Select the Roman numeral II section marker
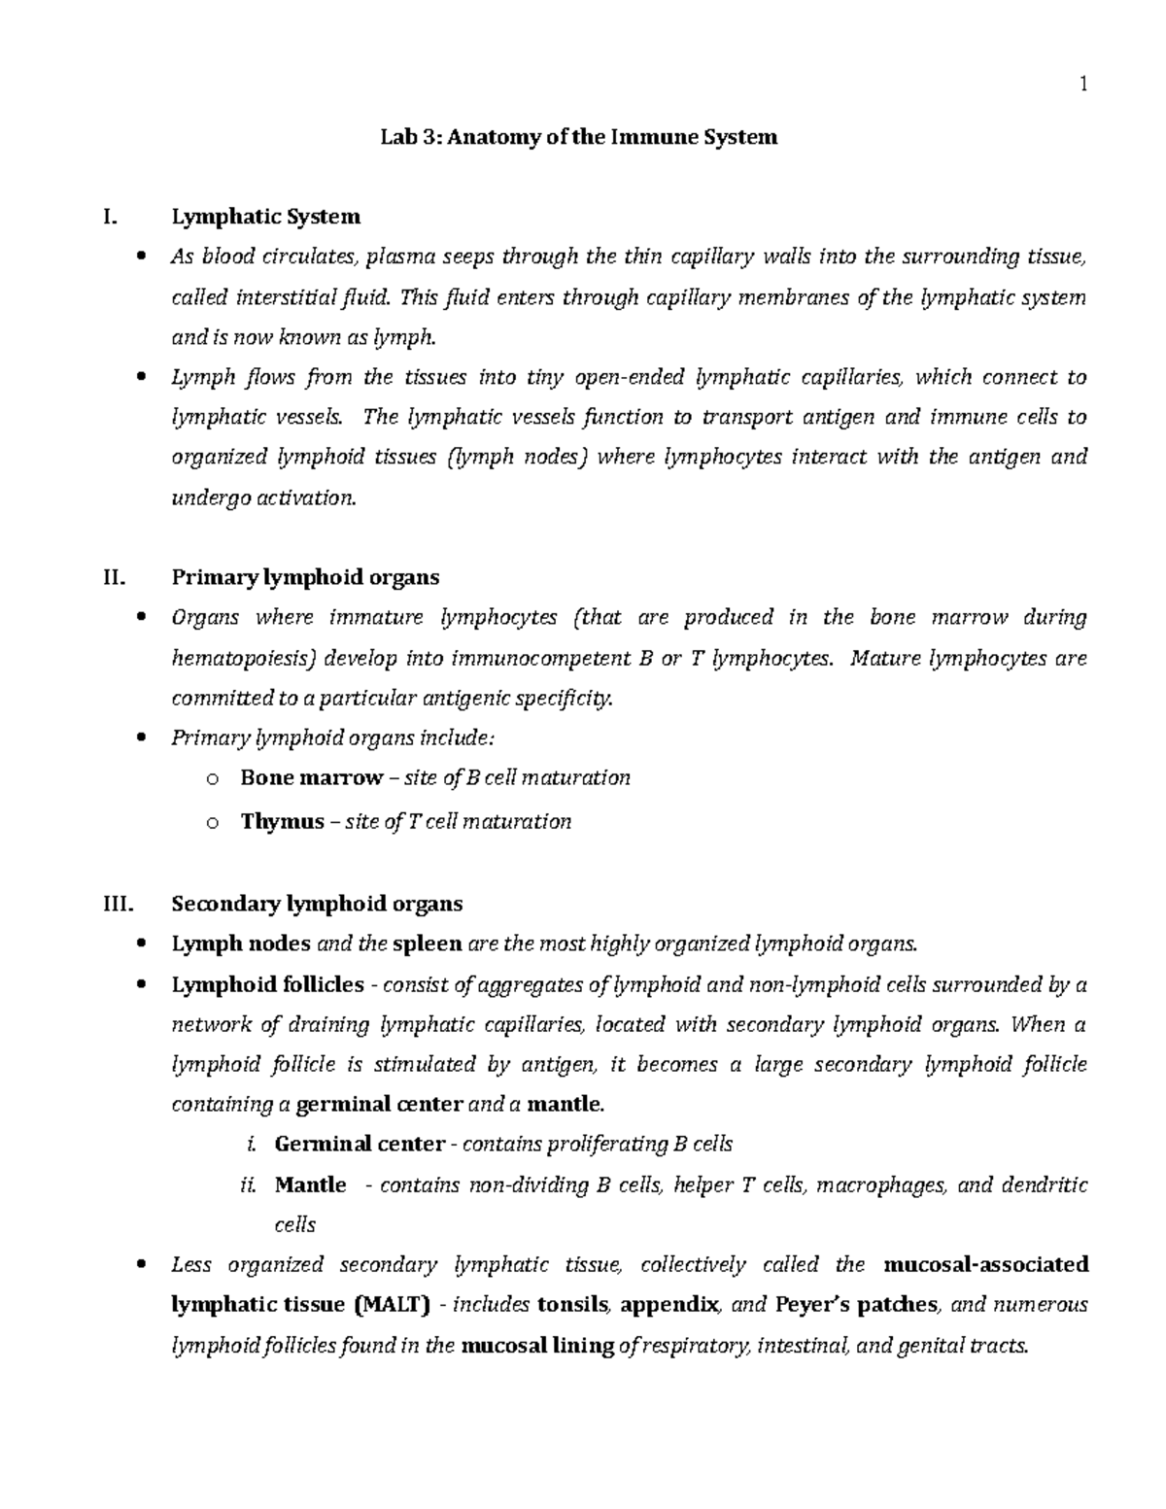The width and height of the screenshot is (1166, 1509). tap(113, 577)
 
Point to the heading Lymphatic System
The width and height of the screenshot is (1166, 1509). tap(265, 216)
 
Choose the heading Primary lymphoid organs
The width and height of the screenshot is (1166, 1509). tap(305, 577)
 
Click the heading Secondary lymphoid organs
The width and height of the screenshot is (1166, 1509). tap(317, 904)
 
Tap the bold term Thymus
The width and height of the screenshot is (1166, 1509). tap(282, 822)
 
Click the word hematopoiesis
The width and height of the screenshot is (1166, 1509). tap(244, 659)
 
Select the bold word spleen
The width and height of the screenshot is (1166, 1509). tap(427, 943)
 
